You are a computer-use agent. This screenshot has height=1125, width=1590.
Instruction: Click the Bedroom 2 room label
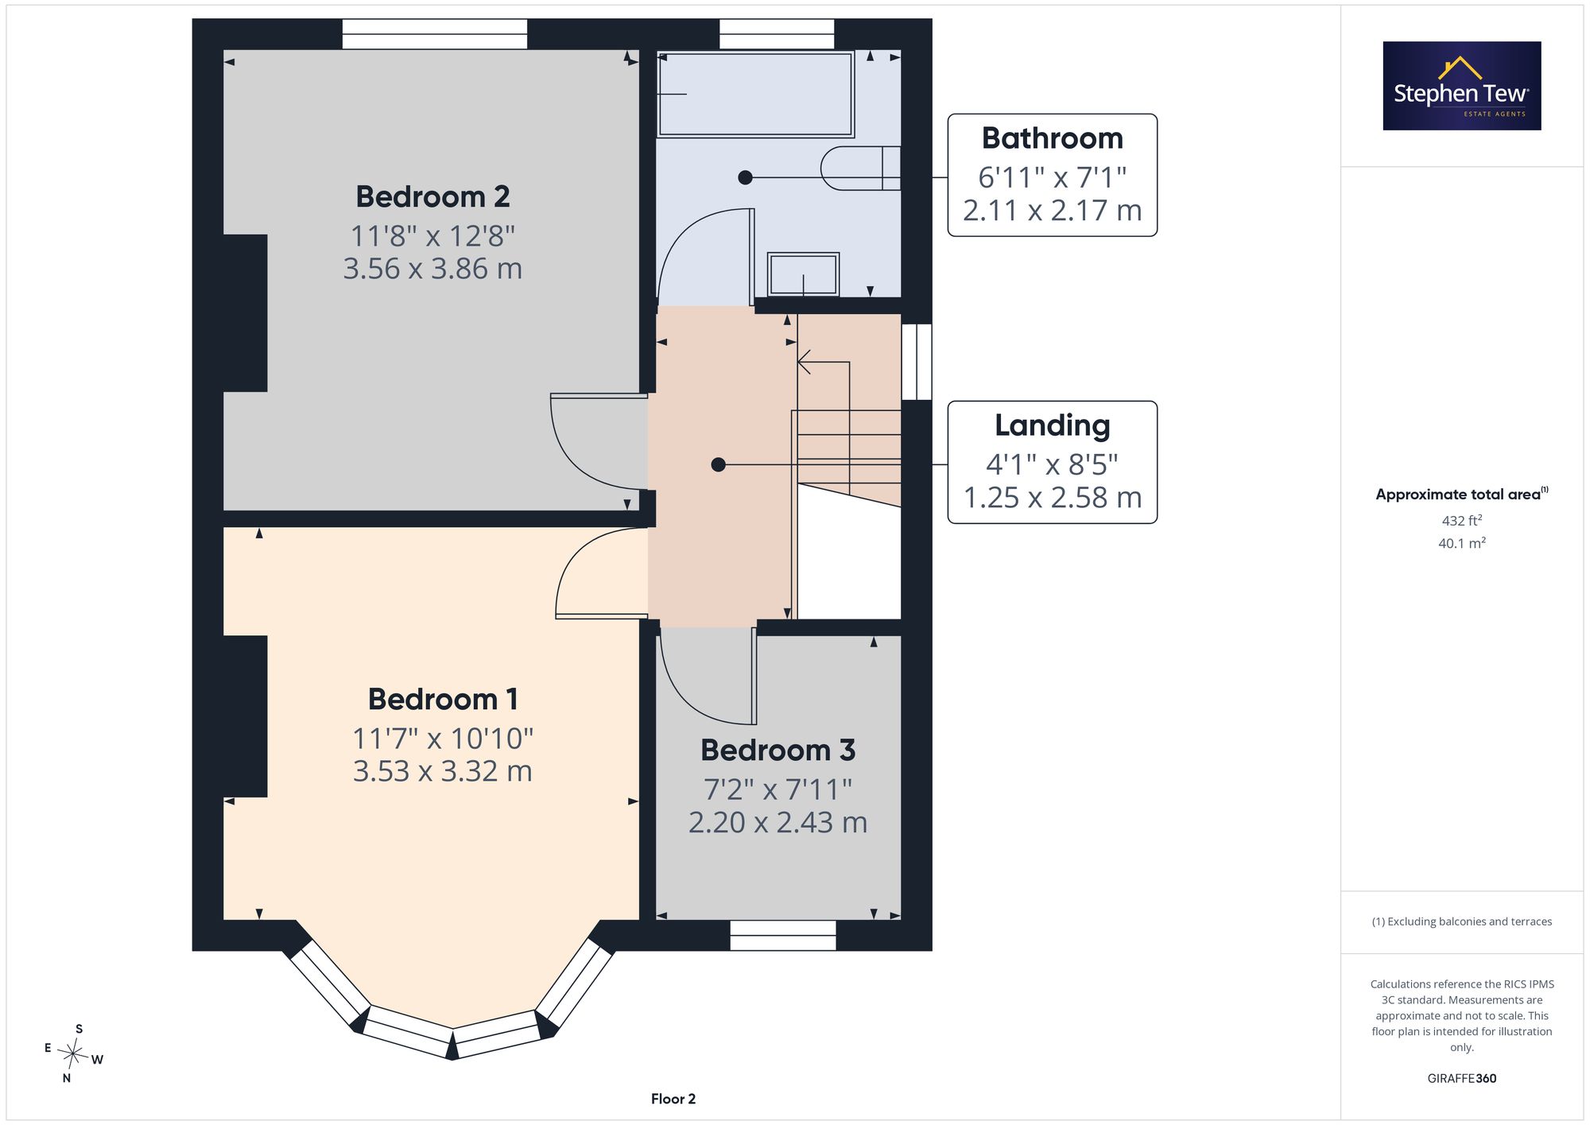coord(432,196)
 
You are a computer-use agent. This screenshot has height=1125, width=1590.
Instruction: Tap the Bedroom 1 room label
coord(443,700)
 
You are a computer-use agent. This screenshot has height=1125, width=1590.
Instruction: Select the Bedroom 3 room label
coord(778,750)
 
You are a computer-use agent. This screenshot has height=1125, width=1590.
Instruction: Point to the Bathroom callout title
coord(1052,138)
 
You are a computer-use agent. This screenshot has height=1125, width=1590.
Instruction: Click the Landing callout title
coord(1052,426)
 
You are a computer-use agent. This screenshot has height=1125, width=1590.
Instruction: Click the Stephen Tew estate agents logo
coord(1461,86)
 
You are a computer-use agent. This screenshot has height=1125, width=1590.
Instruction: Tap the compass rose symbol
coord(73,1054)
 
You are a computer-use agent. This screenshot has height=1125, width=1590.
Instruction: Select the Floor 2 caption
coord(673,1099)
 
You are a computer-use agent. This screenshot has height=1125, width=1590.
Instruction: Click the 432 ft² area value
coord(1461,521)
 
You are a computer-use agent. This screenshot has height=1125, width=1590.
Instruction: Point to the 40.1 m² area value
coord(1461,543)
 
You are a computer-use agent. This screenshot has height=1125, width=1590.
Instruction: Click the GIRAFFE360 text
coord(1461,1078)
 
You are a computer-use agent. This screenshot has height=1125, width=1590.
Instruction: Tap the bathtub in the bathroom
coord(755,94)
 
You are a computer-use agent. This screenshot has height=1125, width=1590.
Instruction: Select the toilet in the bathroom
coord(860,169)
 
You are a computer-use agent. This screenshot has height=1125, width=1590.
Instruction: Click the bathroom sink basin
coord(803,274)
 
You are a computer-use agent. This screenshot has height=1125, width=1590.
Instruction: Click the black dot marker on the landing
coord(718,464)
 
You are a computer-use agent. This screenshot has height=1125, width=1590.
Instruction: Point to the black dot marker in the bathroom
coord(745,177)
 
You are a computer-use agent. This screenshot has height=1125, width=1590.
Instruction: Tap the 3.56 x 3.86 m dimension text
coord(432,269)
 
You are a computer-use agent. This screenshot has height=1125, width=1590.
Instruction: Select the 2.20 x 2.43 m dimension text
coord(778,822)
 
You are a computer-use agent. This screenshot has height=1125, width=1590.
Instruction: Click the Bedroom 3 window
coord(783,936)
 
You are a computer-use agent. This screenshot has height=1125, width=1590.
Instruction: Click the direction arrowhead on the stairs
coord(804,362)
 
